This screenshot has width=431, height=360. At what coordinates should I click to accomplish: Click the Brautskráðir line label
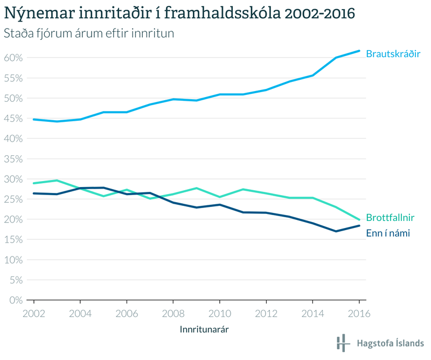(x=393, y=54)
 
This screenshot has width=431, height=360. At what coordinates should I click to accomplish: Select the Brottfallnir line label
(x=391, y=218)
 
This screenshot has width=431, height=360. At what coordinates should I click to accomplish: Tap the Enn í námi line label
(x=388, y=234)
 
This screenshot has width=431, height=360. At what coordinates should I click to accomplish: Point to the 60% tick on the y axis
(x=12, y=58)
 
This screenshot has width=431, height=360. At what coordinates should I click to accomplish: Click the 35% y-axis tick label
(x=12, y=158)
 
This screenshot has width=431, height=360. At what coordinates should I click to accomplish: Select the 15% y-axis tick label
(x=12, y=239)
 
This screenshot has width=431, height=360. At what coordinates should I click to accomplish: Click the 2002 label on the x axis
(x=34, y=313)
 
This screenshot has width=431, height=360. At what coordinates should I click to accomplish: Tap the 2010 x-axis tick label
(x=219, y=313)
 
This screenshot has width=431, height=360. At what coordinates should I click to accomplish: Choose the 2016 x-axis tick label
(x=359, y=313)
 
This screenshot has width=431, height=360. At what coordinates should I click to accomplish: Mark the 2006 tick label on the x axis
(x=127, y=313)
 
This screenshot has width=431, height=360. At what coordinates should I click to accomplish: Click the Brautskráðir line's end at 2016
(x=359, y=51)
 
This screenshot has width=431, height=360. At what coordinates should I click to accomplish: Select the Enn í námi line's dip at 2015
(x=336, y=231)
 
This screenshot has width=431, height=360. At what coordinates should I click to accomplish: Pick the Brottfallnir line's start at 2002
(x=34, y=183)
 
